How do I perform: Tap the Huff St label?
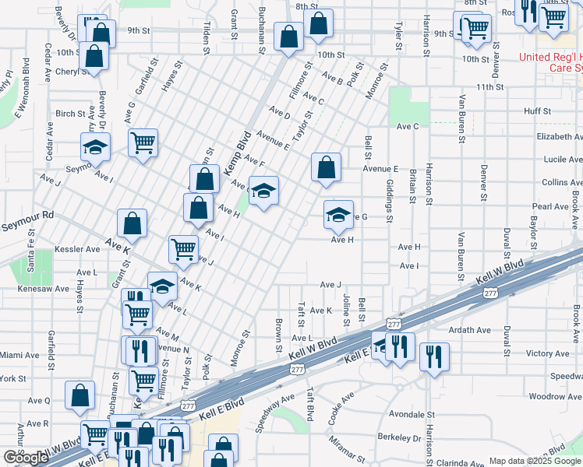(x=538, y=111)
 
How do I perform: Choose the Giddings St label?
(x=390, y=199)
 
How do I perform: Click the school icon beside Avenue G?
(x=337, y=216)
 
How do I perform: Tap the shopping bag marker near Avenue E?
(x=326, y=168)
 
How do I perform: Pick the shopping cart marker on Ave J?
(x=183, y=250)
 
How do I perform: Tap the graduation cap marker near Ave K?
(x=161, y=287)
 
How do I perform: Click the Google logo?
(x=26, y=458)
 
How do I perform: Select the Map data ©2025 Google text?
(x=534, y=461)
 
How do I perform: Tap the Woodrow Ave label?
(x=555, y=397)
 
